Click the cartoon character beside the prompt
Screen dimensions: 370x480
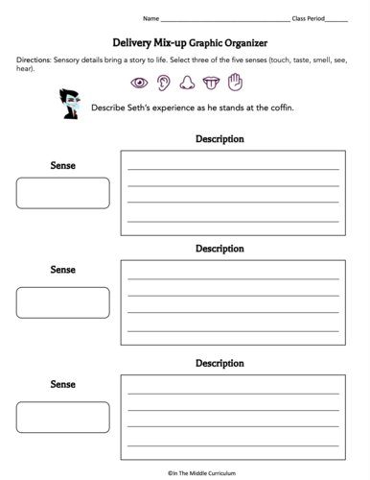point(69,104)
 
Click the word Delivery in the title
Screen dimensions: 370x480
point(125,41)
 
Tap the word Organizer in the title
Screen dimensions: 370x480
point(242,42)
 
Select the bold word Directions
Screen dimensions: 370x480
point(35,60)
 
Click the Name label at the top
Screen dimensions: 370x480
point(150,18)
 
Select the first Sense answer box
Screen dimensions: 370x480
point(62,193)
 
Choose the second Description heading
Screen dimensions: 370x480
point(220,249)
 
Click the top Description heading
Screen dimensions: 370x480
point(220,139)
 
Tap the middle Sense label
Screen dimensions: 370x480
point(63,270)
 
